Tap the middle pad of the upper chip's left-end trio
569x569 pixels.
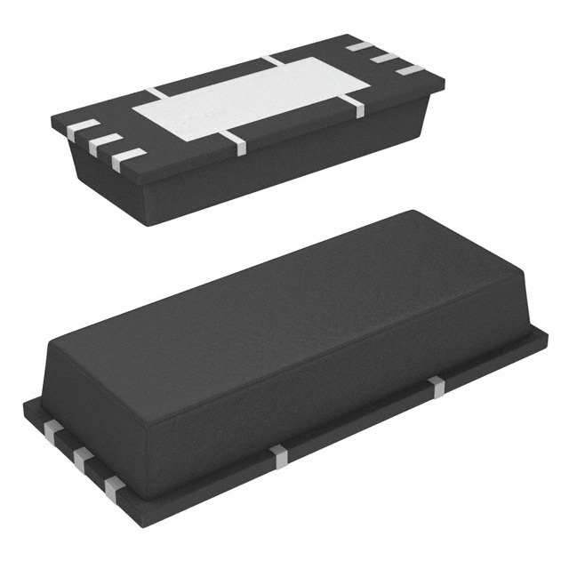[x=106, y=143]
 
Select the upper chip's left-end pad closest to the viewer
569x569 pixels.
[x=129, y=156]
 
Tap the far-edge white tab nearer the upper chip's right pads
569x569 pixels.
[x=272, y=60]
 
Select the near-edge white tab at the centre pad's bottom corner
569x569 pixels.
[x=236, y=142]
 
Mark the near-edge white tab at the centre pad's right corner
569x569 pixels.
[x=355, y=107]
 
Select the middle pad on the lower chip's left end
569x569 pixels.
[x=82, y=460]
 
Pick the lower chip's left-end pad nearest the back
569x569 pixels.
[x=52, y=431]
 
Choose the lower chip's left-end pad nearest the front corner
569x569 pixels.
[x=114, y=486]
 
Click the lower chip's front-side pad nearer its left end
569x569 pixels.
[x=279, y=454]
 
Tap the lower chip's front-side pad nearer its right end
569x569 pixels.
[x=435, y=384]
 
